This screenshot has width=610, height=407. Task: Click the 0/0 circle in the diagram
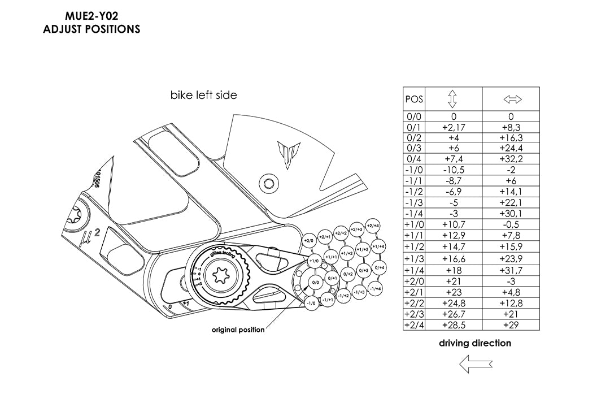click(315, 282)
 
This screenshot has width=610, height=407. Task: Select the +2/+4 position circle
click(372, 226)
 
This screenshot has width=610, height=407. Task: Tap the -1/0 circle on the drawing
click(311, 303)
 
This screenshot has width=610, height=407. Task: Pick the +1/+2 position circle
click(348, 253)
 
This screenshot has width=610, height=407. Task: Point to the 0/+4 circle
click(380, 267)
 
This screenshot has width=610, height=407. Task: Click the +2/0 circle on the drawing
click(308, 241)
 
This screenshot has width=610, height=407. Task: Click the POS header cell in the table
click(414, 99)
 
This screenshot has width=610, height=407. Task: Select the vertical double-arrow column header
click(452, 99)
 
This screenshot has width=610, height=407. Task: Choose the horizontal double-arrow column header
click(512, 99)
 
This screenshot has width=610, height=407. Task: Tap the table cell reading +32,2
click(511, 159)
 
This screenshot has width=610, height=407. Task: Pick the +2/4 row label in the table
click(414, 325)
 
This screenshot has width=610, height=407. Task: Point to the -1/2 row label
click(414, 192)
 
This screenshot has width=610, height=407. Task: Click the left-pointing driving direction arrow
click(476, 364)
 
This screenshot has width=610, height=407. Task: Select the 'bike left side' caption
click(204, 95)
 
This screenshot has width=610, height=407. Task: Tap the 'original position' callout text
click(238, 330)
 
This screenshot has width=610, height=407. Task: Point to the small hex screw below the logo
click(269, 182)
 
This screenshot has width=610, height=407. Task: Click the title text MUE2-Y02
click(91, 16)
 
